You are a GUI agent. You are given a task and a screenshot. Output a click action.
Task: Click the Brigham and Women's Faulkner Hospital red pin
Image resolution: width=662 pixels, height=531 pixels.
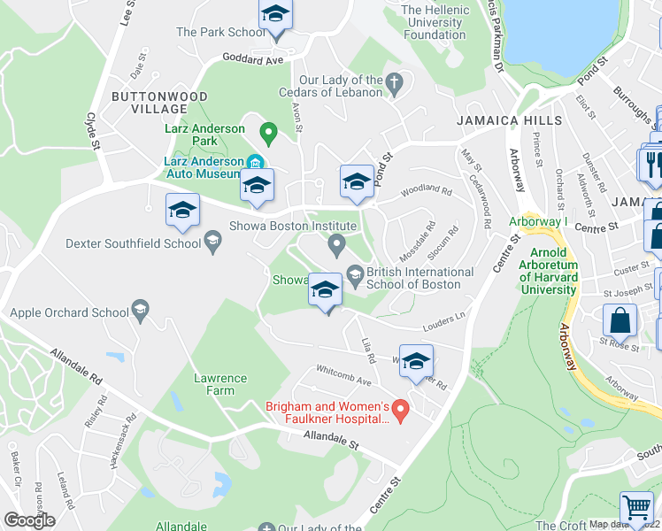(400, 411)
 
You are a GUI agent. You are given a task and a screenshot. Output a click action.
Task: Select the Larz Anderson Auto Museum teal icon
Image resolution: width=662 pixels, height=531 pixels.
(254, 162)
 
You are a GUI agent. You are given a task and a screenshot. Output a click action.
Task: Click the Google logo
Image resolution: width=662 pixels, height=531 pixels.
(29, 520)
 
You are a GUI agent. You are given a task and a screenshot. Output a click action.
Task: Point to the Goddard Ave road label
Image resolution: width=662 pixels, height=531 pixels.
(252, 59)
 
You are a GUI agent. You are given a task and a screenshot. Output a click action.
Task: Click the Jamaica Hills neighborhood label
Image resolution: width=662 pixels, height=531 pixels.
(509, 120)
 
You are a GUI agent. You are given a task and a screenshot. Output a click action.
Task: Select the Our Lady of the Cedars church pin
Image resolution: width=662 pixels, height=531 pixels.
(395, 85)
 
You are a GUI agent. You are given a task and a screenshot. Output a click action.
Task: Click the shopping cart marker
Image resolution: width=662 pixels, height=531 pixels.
(636, 508)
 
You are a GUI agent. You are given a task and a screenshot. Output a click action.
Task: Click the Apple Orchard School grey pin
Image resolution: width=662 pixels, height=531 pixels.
(140, 309)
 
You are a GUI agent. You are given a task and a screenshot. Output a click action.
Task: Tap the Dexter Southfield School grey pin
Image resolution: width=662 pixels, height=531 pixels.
(212, 239)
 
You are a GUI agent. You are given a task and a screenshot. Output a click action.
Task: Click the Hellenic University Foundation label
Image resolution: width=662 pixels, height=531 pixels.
(435, 22)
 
